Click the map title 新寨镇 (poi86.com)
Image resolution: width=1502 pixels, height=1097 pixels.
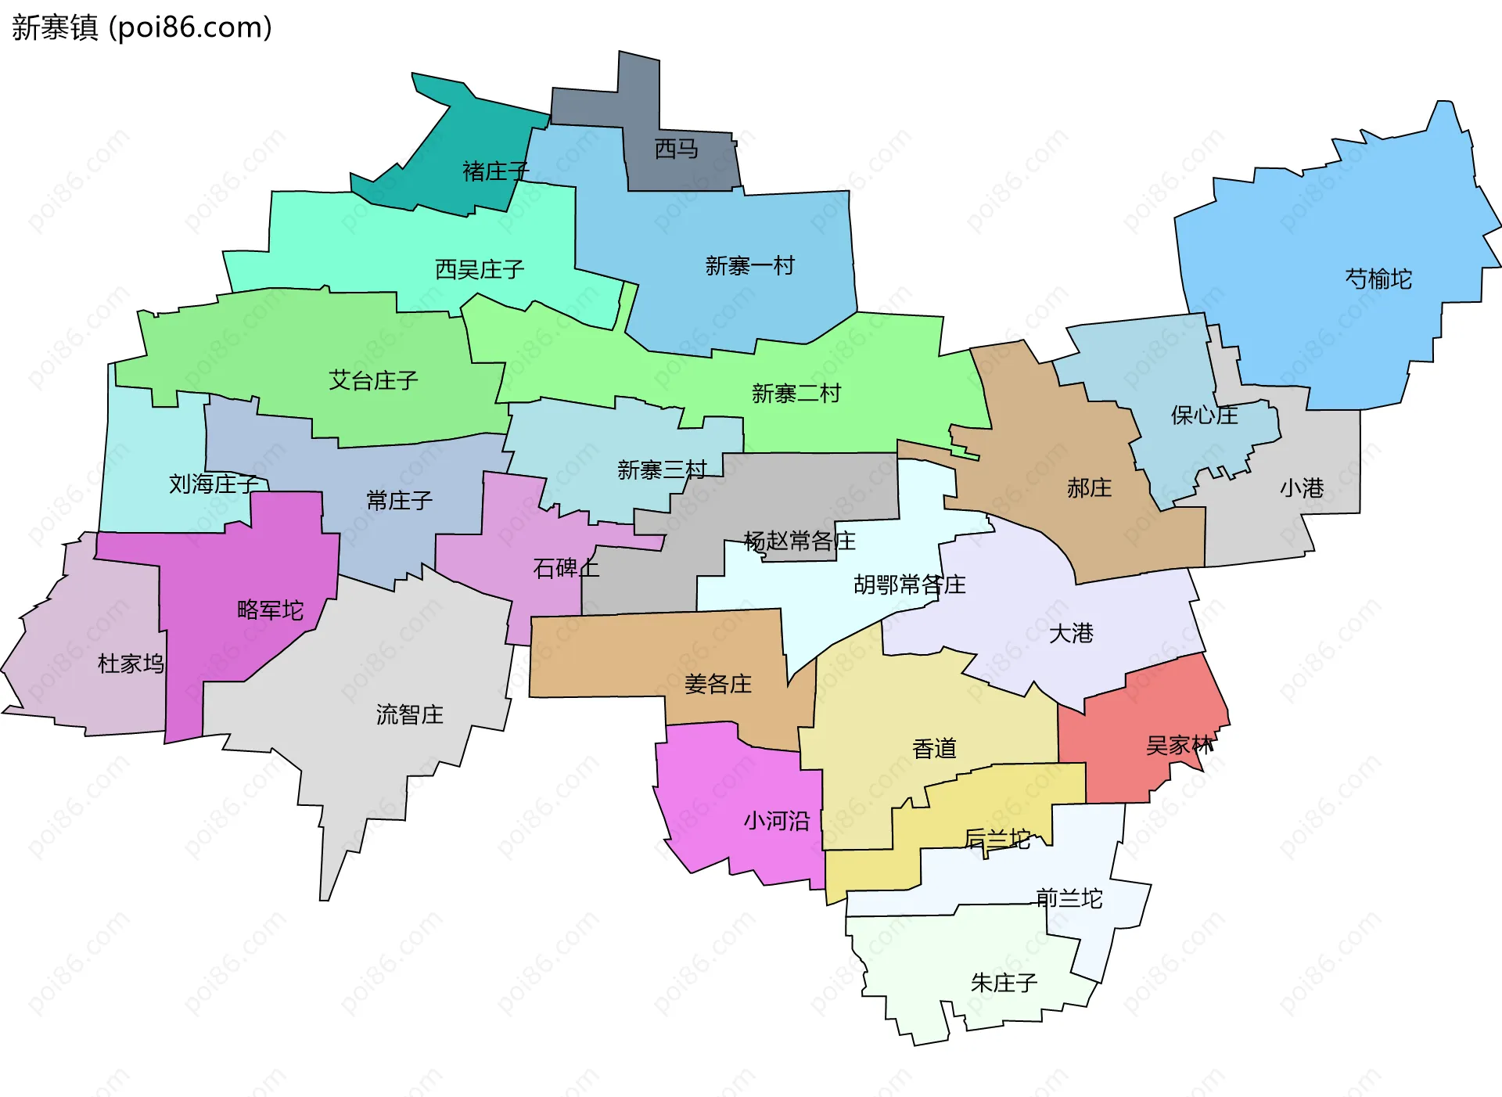tap(142, 27)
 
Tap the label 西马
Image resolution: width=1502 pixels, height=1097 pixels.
tap(676, 149)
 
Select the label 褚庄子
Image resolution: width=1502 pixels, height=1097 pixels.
tap(495, 171)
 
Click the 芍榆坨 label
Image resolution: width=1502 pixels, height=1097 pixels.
tap(1378, 279)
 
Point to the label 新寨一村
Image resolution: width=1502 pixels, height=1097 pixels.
tap(749, 266)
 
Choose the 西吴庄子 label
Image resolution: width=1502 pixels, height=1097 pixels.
tap(479, 270)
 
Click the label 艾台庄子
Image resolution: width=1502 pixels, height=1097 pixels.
tap(373, 380)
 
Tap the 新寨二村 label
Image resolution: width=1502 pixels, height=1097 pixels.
tap(796, 393)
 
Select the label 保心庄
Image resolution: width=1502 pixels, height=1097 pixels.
tap(1204, 415)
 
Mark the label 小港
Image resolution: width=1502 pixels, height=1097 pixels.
tap(1302, 488)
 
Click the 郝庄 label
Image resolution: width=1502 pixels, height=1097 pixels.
tap(1089, 488)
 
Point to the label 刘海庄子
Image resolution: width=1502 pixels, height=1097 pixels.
tap(214, 484)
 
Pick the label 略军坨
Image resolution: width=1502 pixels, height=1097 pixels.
tap(270, 610)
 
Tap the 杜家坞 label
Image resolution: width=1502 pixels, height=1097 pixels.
tap(131, 664)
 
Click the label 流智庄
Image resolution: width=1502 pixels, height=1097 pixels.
tap(409, 714)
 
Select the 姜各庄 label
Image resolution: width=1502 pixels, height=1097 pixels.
tap(717, 684)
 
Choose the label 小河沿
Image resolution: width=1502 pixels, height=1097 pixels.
tap(776, 821)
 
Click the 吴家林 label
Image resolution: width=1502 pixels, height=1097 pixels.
tap(1179, 746)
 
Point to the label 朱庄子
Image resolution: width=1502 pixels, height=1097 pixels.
tap(1004, 983)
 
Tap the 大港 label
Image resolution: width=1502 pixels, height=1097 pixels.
tap(1070, 633)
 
